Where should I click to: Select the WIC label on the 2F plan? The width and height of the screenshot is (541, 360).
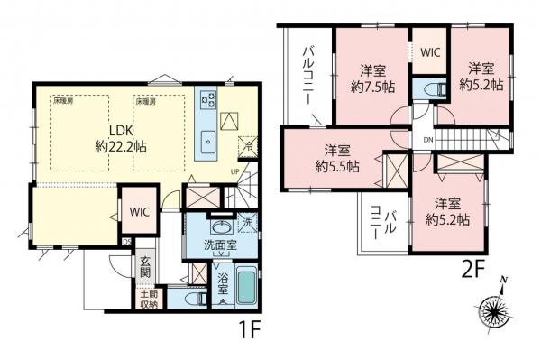coord(428,53)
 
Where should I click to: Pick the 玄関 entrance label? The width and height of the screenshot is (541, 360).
coord(145,268)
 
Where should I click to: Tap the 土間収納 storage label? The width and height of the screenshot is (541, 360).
coord(148,300)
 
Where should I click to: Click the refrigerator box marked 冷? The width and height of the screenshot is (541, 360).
coord(244,143)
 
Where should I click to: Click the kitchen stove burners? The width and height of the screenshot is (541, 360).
coord(206,97)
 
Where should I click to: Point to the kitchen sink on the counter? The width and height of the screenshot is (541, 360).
coord(208,139)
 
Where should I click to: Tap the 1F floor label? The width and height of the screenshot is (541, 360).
coord(246,331)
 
